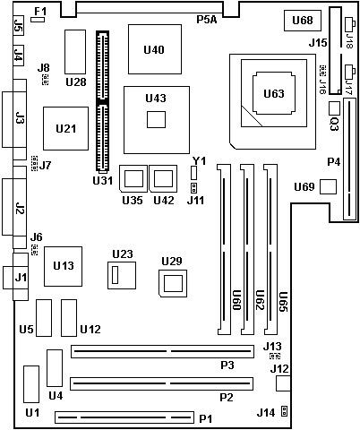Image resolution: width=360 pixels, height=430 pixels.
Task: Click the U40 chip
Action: pyautogui.click(x=155, y=49)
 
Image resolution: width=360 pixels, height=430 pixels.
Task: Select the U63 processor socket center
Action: pyautogui.click(x=274, y=93)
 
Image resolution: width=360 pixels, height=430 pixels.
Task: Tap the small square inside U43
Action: pyautogui.click(x=156, y=119)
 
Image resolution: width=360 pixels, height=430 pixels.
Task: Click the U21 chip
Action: pyautogui.click(x=65, y=128)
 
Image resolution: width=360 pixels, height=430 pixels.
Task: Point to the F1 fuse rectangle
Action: pyautogui.click(x=38, y=20)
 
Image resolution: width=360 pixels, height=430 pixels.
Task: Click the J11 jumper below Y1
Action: pyautogui.click(x=193, y=188)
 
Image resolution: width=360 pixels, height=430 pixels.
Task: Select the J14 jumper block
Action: pyautogui.click(x=285, y=411)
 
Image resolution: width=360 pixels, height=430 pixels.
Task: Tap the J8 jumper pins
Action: pyautogui.click(x=45, y=79)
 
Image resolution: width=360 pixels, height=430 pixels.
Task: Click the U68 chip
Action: pyautogui.click(x=303, y=21)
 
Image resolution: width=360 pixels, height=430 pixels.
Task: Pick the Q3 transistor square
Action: pyautogui.click(x=335, y=108)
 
